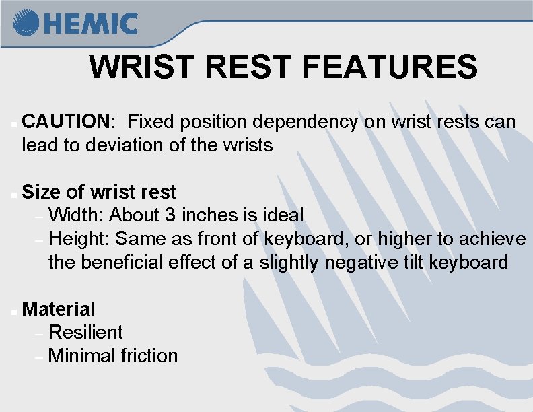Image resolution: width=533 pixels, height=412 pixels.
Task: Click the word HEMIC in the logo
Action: tap(92, 24)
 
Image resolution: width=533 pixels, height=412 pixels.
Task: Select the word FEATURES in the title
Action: tap(390, 67)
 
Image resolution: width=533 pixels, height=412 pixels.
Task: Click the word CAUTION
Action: tap(66, 122)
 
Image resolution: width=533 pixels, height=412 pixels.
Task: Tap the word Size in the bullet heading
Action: tap(42, 192)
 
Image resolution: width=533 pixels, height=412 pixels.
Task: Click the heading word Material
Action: tap(59, 309)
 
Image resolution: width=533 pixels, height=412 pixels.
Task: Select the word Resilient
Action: tap(85, 333)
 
